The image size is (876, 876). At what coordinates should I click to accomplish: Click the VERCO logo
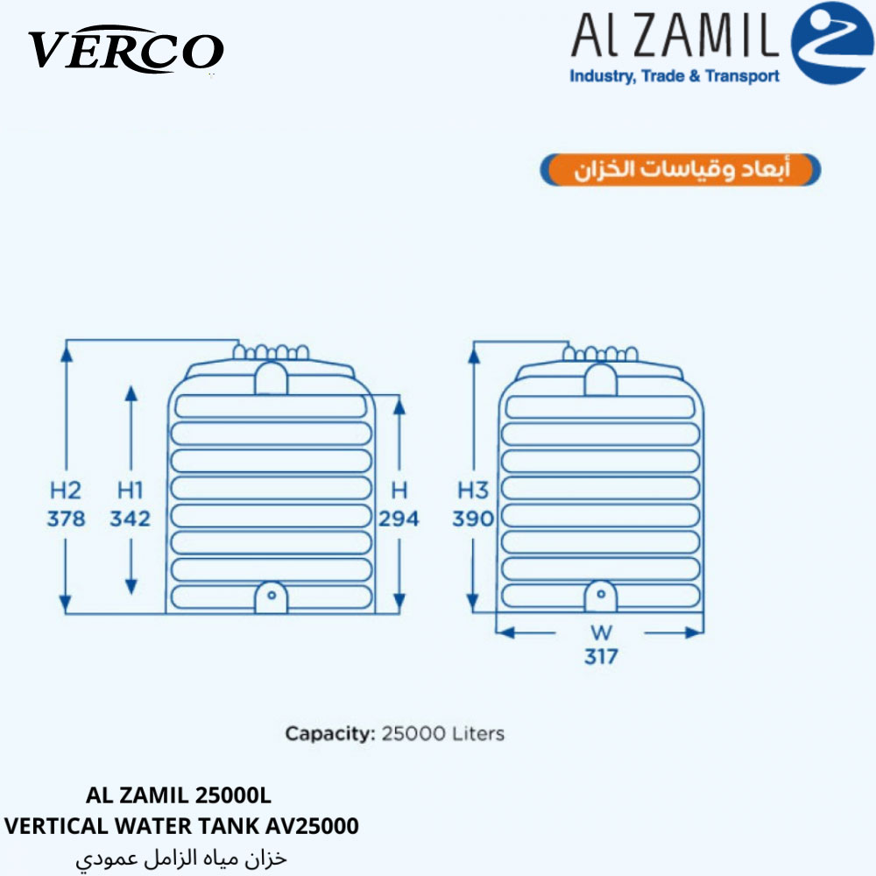click(126, 49)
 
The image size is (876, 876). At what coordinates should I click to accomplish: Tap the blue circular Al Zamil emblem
click(832, 43)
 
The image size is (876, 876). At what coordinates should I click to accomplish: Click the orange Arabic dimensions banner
click(681, 169)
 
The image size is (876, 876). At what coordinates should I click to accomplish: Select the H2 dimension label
click(66, 491)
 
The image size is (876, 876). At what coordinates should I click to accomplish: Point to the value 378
click(66, 519)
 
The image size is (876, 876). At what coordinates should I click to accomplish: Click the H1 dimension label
click(131, 491)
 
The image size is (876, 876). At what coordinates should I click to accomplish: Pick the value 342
click(131, 519)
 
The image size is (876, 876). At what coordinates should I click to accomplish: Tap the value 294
click(399, 519)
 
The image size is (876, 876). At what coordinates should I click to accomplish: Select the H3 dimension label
click(473, 491)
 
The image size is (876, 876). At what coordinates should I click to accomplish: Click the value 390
click(473, 519)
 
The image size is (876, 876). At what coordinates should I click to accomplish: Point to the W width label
click(601, 633)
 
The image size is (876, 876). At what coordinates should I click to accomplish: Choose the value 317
click(601, 656)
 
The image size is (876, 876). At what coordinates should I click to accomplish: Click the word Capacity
click(330, 733)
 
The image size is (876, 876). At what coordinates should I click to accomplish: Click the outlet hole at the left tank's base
click(272, 595)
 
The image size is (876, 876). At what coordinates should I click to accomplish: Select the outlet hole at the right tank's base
click(601, 594)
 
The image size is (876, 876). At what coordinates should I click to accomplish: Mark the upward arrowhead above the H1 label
click(131, 393)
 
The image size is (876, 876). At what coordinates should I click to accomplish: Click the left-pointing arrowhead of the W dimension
click(505, 633)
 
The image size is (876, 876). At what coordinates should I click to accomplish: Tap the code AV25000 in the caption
click(312, 826)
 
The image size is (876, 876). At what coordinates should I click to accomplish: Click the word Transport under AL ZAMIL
click(742, 76)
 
